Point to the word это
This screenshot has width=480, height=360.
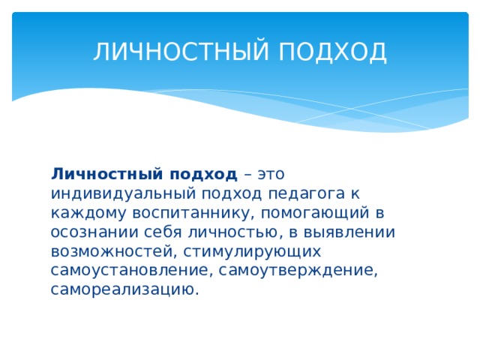pos(271,174)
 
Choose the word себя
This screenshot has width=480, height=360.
pos(155,232)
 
